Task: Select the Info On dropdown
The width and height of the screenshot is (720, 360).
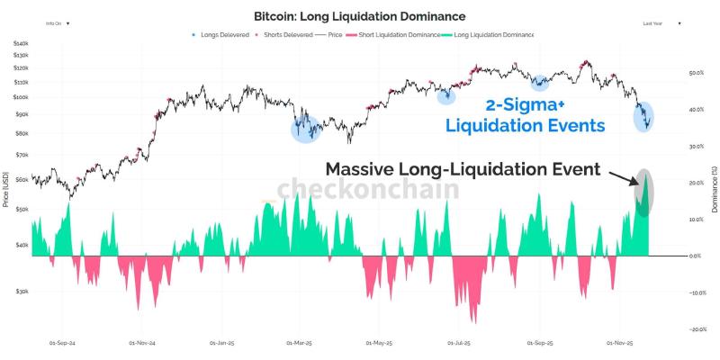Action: [56, 22]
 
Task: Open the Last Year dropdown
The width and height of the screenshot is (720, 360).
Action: [660, 22]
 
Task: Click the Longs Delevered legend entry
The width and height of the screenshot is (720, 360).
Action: [222, 35]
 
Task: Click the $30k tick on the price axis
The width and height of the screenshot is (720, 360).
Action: [22, 292]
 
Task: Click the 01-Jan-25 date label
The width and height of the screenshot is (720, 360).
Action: [221, 343]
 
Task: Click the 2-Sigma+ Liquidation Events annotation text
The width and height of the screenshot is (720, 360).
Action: [526, 114]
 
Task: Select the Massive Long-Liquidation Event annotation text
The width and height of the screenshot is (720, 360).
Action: [463, 169]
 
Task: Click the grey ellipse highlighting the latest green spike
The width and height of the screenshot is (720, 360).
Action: [643, 192]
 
